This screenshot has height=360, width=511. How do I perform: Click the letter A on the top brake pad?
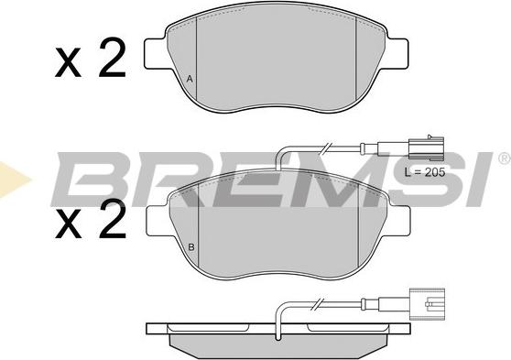point(190,79)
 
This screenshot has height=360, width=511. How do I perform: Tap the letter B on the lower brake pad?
point(190,246)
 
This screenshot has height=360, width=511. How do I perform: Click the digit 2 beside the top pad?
point(110,60)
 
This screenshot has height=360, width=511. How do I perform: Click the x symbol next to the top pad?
point(70,65)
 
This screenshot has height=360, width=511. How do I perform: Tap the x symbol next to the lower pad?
point(70,225)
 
